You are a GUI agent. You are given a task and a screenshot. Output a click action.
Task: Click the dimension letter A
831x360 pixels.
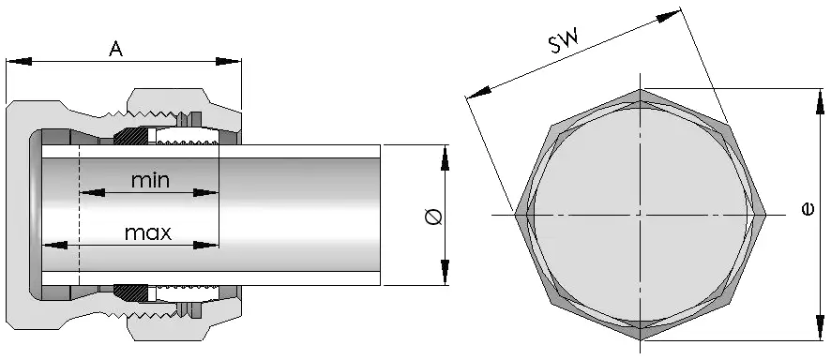click(x=116, y=49)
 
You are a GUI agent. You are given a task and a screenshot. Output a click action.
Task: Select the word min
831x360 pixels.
click(x=150, y=180)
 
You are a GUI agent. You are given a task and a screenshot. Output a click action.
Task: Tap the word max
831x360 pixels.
click(x=149, y=232)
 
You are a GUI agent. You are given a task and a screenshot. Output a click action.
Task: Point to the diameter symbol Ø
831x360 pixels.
click(x=432, y=217)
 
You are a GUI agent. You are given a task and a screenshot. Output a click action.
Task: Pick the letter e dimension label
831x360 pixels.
click(x=808, y=213)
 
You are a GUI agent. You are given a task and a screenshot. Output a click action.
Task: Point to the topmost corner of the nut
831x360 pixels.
click(x=642, y=91)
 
